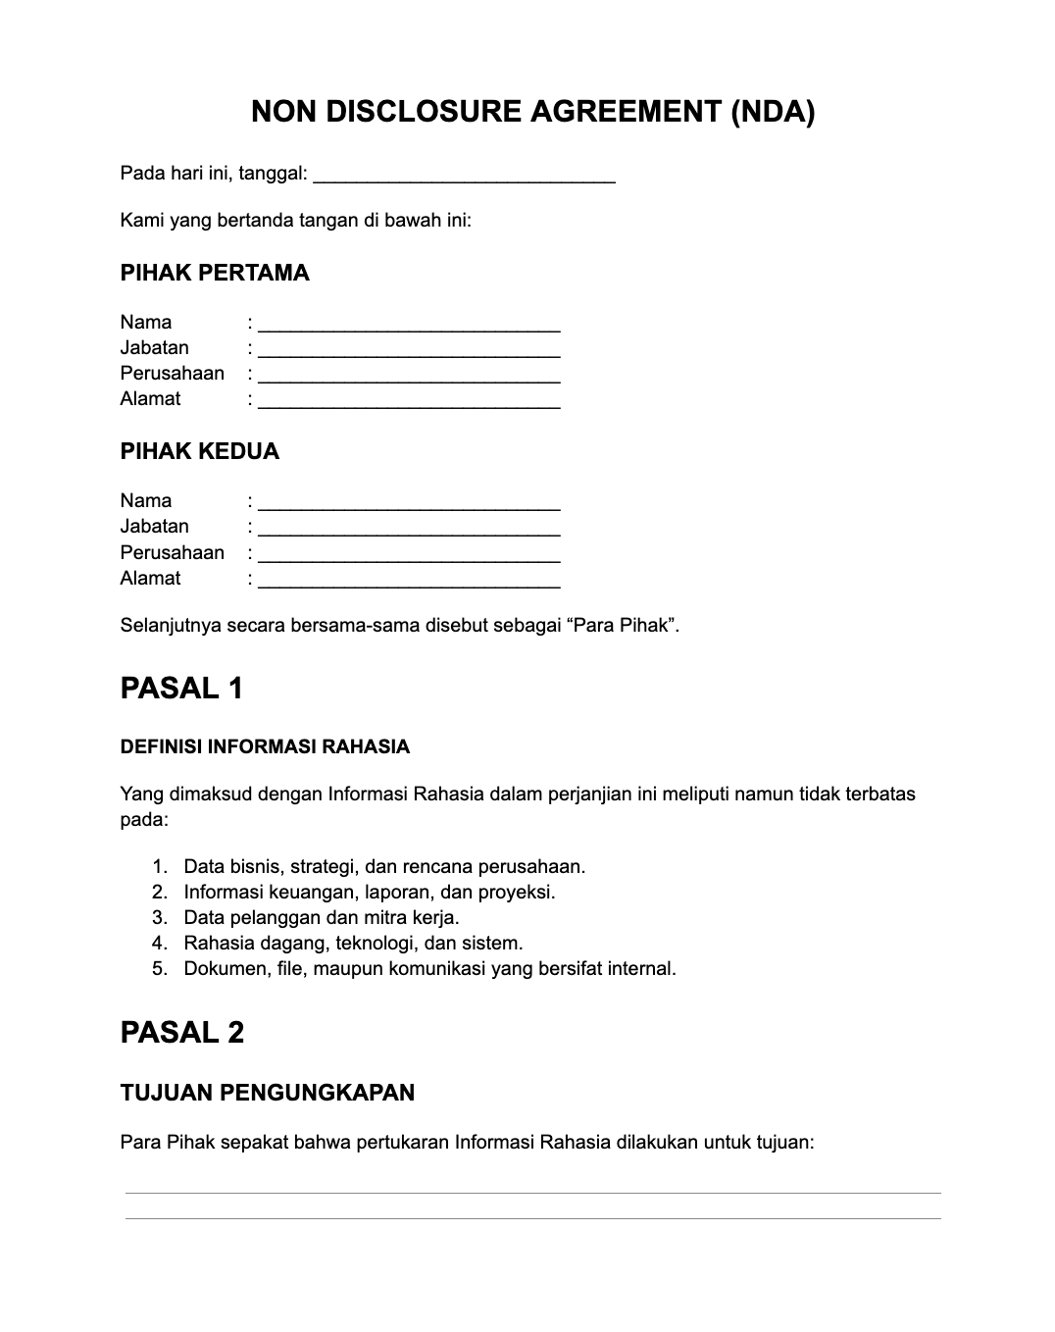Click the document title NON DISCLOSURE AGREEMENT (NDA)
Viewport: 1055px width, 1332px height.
click(x=532, y=112)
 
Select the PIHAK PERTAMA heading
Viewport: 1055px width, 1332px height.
click(x=214, y=273)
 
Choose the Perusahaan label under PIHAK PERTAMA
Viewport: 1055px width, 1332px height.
click(x=172, y=374)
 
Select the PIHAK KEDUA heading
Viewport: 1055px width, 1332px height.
click(x=199, y=451)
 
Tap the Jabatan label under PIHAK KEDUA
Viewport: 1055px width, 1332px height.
click(x=154, y=527)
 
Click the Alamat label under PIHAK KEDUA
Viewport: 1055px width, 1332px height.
click(x=150, y=579)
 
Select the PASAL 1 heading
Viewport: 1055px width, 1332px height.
click(x=181, y=689)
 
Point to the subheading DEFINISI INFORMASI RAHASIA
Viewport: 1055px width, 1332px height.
click(x=265, y=747)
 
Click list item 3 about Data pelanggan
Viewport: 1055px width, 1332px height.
click(x=321, y=918)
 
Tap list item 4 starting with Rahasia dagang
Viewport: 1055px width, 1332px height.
click(x=352, y=944)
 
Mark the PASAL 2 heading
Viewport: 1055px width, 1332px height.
click(x=181, y=1033)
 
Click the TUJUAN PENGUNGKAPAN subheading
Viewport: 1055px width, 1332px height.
click(x=267, y=1093)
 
